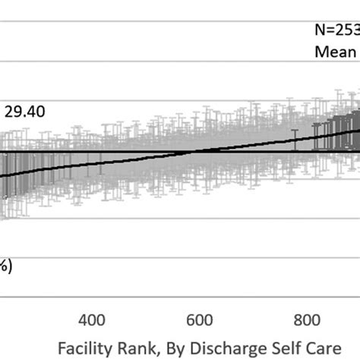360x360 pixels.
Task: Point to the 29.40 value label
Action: tap(25, 112)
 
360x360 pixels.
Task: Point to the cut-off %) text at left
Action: tap(4, 267)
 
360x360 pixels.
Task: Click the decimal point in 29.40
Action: tap(23, 112)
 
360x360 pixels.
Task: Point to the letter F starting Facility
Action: tap(62, 346)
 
